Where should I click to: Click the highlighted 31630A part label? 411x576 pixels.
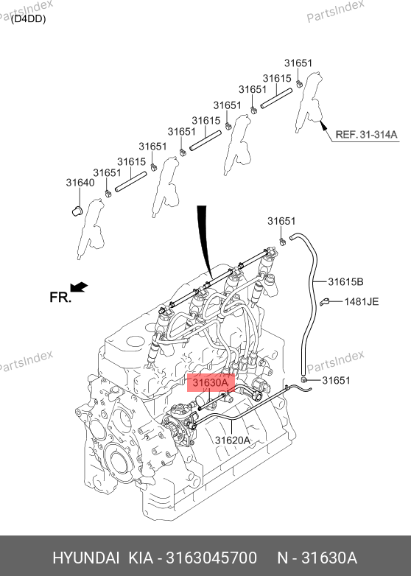pos(211,383)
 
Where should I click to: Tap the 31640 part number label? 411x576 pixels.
pos(80,183)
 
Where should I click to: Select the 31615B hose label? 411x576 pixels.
pos(345,282)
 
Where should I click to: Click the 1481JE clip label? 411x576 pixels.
pos(362,301)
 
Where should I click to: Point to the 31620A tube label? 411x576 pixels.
pos(232,440)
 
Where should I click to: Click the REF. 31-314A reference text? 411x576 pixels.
pos(367,135)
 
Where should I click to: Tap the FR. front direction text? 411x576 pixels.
pos(60,297)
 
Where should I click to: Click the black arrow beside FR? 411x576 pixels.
pos(79,287)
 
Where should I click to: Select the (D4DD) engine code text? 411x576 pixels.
pos(28,18)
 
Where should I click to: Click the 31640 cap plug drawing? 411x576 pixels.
pos(77,211)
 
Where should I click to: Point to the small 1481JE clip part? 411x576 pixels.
pos(324,302)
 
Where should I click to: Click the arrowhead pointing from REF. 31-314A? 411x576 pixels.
pos(323,126)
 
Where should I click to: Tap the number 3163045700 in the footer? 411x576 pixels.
pos(211,558)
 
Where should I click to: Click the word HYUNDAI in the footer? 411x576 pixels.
pos(86,558)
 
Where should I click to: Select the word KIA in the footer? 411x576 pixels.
pos(141,558)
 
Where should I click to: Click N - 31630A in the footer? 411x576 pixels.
pos(317,558)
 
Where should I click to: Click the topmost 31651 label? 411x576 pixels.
pos(298,63)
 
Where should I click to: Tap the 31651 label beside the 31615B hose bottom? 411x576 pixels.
pos(336,380)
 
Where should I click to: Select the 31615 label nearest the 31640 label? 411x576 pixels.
pos(132,161)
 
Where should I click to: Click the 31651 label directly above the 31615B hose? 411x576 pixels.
pos(281,221)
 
